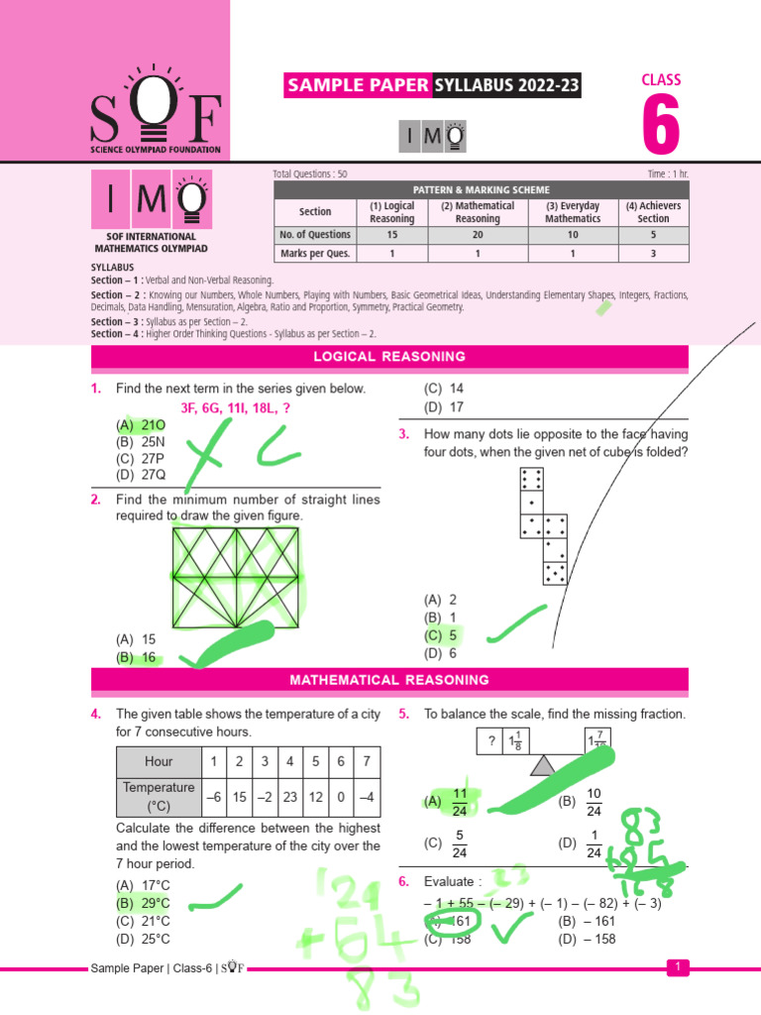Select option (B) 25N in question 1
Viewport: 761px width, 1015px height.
tap(139, 441)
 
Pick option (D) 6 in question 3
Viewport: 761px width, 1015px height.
tap(440, 653)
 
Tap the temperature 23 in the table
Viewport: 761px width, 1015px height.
tap(288, 796)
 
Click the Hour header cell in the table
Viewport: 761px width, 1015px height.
tap(159, 761)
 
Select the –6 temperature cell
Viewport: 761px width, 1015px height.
tap(212, 796)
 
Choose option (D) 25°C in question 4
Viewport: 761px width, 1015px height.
tap(143, 938)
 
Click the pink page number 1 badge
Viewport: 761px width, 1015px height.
tap(677, 967)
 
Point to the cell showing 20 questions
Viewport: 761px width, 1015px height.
tap(478, 235)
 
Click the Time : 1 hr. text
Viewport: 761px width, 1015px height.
tap(668, 174)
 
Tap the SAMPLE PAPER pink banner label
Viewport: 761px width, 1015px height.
tap(358, 86)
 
